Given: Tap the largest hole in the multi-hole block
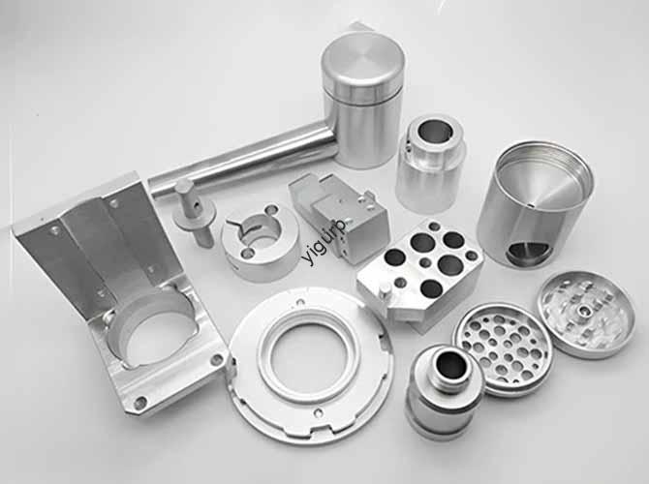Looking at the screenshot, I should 450,263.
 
